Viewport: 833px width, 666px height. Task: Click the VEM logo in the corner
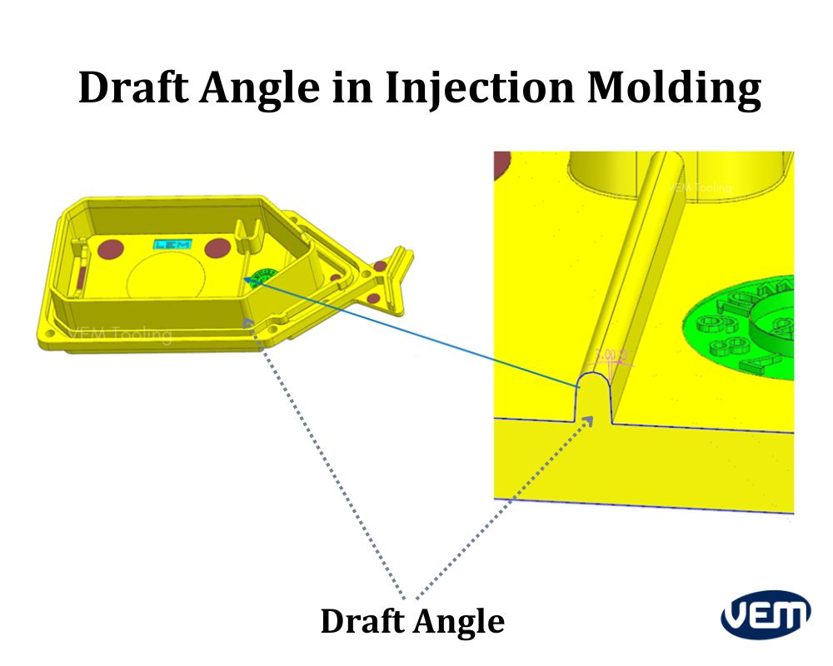(x=766, y=616)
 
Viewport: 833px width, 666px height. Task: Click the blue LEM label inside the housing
(x=172, y=245)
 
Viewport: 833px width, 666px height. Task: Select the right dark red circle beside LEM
(x=217, y=247)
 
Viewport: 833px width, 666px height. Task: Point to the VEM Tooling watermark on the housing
(x=120, y=335)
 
